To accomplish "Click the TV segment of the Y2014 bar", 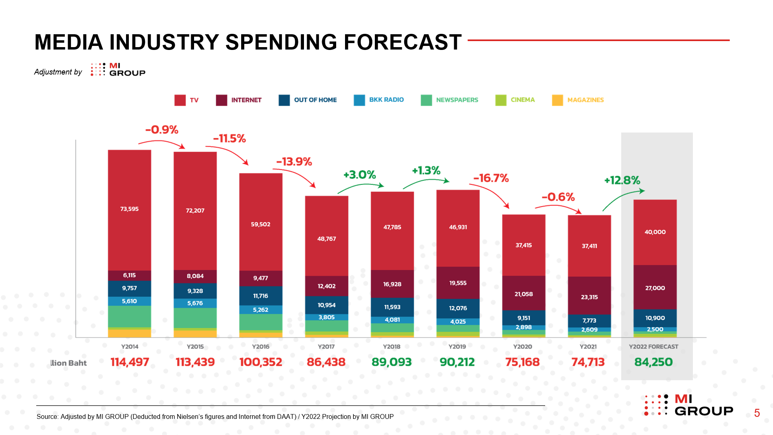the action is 129,210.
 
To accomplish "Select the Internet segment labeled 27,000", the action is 655,287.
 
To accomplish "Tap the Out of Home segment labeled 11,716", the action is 261,296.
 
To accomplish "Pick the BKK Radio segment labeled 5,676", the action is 195,303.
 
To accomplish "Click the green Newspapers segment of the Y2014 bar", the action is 129,317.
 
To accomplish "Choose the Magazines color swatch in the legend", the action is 558,100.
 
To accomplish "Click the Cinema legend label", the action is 523,100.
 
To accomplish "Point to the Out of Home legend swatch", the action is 284,100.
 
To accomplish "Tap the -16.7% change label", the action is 491,178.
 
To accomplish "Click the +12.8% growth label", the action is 622,180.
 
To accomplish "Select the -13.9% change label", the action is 294,162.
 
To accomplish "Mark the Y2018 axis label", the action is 392,346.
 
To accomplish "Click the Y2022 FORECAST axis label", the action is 654,346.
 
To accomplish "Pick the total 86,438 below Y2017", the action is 326,362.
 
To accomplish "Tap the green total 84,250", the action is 654,362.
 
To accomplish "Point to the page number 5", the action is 757,413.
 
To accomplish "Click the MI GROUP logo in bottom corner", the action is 688,405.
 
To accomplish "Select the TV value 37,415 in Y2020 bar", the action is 524,245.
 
